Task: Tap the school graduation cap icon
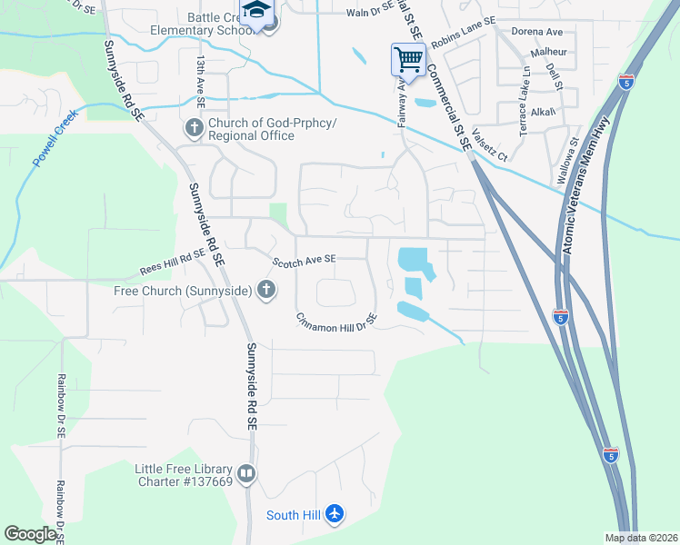[256, 12]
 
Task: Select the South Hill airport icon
[335, 515]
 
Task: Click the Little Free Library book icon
[245, 473]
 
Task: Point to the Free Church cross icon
[265, 291]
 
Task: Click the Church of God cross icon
[194, 128]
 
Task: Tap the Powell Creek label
[56, 137]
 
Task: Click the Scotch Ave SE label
[305, 260]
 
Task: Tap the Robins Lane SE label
[464, 34]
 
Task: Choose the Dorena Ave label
[537, 31]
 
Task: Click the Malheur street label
[549, 52]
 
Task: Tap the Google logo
[30, 534]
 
